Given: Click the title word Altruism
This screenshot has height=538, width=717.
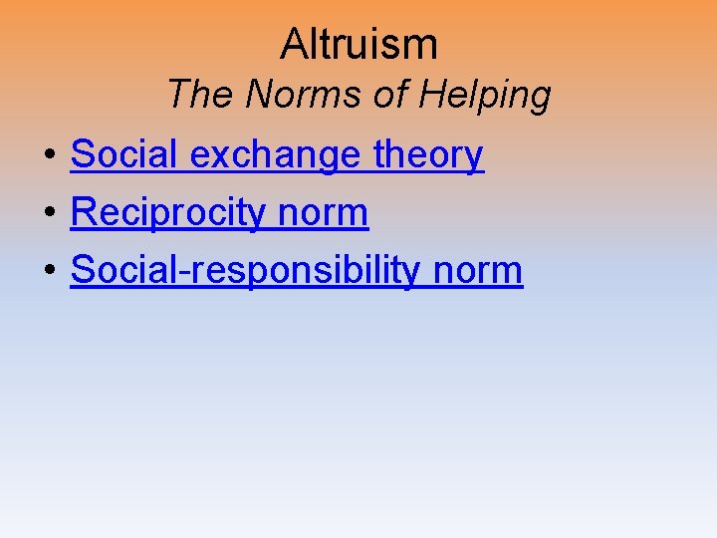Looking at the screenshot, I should (358, 44).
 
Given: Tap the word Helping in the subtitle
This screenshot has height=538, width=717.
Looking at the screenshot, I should (485, 95).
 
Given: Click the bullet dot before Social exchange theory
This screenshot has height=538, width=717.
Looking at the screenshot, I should (48, 157).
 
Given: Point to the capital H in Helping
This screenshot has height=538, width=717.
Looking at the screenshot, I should (431, 95).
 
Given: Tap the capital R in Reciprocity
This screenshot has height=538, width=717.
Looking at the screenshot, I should (85, 213).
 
